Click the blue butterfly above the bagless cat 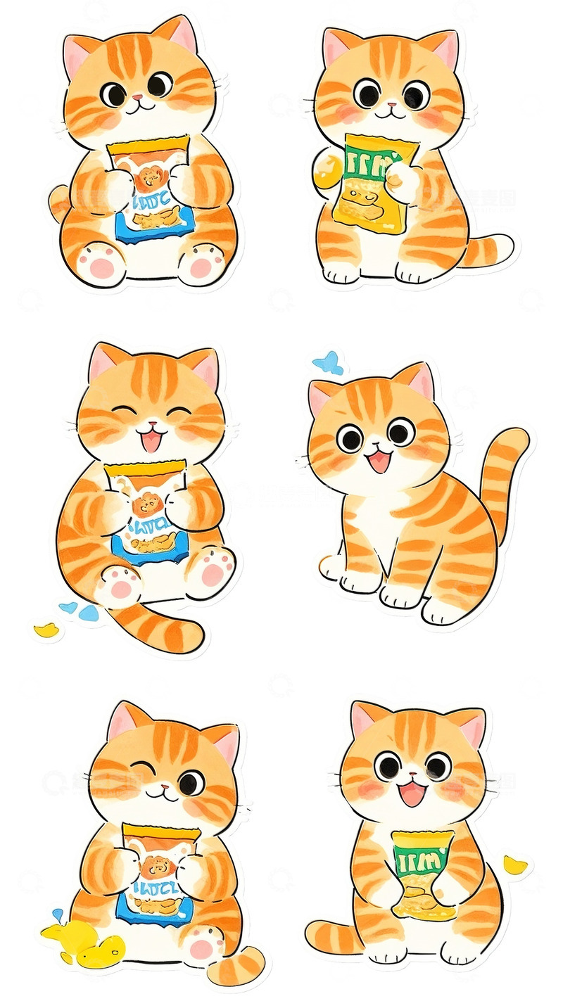coord(328,363)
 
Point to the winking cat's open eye coord(191,782)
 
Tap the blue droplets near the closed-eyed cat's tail coord(79,611)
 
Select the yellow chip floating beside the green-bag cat coord(515,865)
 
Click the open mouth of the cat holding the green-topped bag coord(412,795)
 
